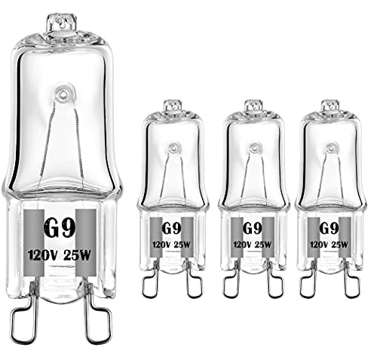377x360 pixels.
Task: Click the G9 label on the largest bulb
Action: point(60,229)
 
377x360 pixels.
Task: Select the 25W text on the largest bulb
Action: point(77,256)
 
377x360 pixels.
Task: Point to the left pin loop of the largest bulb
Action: point(24,316)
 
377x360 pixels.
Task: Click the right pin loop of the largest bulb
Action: point(98,316)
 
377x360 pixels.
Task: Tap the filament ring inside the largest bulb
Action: point(62,94)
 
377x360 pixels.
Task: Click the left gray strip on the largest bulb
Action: point(35,242)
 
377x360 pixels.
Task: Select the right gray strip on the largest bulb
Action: point(87,242)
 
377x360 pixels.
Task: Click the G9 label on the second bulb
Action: point(171,229)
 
